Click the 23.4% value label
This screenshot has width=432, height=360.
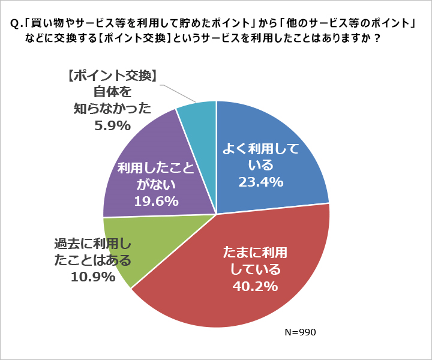[260, 182]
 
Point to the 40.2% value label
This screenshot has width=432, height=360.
[254, 286]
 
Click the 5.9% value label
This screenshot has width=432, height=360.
[112, 125]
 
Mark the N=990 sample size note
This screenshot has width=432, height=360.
[299, 332]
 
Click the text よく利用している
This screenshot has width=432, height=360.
[260, 156]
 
